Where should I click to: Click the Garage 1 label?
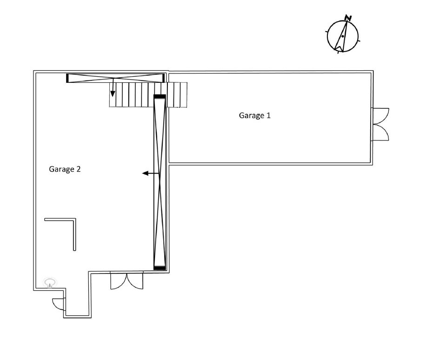(254, 115)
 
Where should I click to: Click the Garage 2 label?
(65, 169)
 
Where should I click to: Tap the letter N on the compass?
(348, 18)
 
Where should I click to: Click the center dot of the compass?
(343, 36)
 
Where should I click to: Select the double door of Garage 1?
(380, 124)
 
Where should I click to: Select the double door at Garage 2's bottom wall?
(127, 280)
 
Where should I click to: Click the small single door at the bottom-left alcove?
(58, 304)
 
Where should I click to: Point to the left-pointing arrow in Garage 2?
(151, 173)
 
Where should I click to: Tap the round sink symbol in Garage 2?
(50, 282)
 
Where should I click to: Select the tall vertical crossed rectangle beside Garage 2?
(160, 182)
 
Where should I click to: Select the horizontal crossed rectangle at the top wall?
(115, 78)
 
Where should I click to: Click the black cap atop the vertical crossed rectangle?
(160, 96)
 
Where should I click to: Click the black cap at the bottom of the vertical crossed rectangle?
(160, 268)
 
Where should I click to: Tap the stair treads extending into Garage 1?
(177, 95)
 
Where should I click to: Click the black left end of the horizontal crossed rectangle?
(67, 78)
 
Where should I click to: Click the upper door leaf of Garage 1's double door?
(380, 116)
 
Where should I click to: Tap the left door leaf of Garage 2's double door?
(119, 280)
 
